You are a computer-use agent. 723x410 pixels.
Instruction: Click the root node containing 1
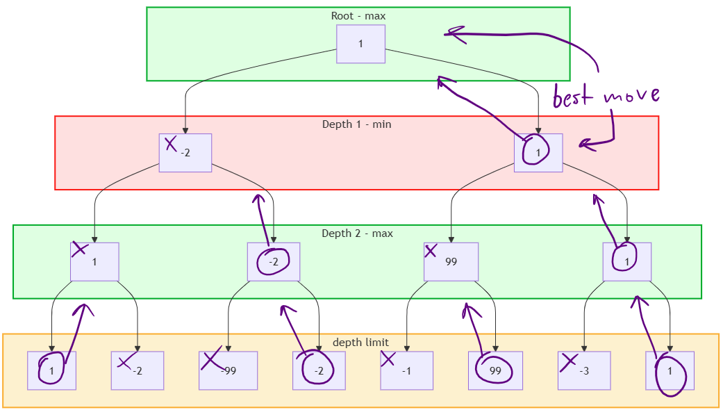(x=360, y=44)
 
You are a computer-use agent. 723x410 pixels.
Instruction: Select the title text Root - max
(x=358, y=15)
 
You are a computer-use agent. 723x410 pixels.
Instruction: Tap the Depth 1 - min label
(x=356, y=124)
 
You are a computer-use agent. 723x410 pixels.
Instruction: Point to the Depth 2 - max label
(x=357, y=233)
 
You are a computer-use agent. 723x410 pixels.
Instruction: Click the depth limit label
(x=360, y=342)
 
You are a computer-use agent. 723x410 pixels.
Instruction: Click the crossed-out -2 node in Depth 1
(x=185, y=153)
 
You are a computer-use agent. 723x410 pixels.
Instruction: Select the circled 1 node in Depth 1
(x=538, y=153)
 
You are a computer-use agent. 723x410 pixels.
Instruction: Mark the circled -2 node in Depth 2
(x=274, y=261)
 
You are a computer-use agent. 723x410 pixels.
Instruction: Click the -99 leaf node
(x=228, y=370)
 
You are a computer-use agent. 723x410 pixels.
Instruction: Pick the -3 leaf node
(x=583, y=370)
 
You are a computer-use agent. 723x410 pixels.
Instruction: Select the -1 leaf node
(x=406, y=370)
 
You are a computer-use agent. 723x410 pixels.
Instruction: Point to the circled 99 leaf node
(x=495, y=370)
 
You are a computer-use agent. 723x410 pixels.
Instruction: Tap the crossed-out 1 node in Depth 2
(x=94, y=261)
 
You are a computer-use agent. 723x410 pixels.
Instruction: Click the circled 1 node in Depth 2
(x=626, y=261)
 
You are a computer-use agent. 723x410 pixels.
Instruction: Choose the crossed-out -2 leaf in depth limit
(x=137, y=370)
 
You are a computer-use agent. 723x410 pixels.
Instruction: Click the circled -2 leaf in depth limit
(x=318, y=370)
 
